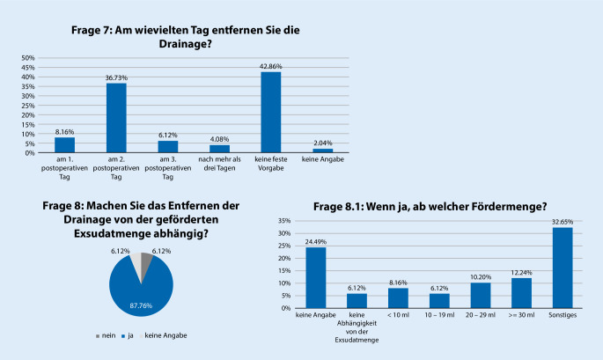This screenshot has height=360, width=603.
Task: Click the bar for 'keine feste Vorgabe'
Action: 271,113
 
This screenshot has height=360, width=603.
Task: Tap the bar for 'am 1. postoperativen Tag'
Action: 64,145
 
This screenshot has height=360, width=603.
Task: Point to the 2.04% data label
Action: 323,143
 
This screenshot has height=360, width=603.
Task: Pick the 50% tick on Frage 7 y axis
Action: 27,58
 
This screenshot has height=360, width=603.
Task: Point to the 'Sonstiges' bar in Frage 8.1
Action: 562,268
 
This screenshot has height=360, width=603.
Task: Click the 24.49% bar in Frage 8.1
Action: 316,277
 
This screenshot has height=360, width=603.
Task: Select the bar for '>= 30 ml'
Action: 521,293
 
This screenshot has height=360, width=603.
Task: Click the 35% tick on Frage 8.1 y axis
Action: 284,221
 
